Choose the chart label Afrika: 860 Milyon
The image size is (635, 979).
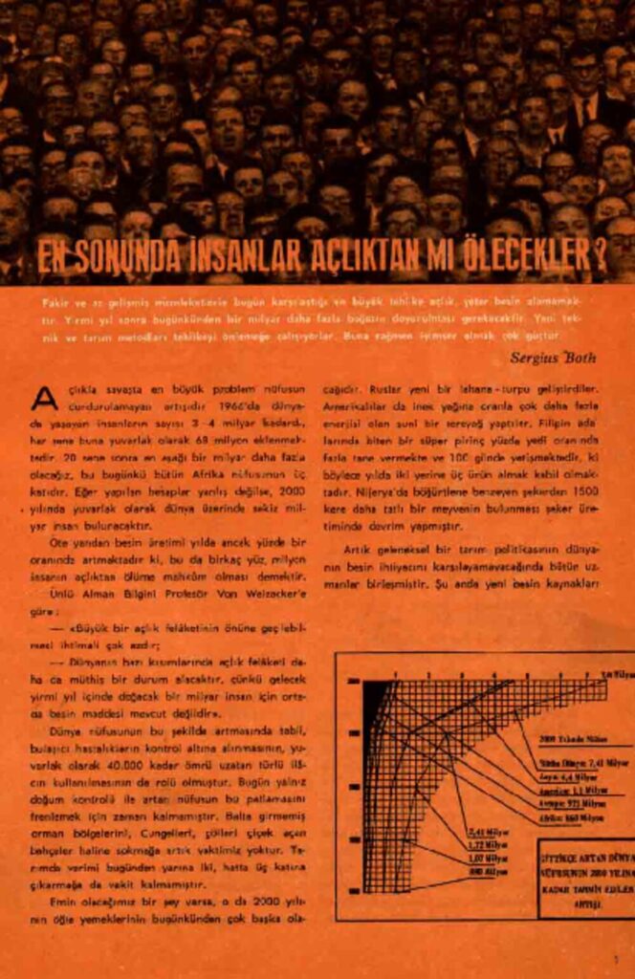click(x=571, y=817)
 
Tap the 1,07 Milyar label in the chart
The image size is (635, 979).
click(x=488, y=858)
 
